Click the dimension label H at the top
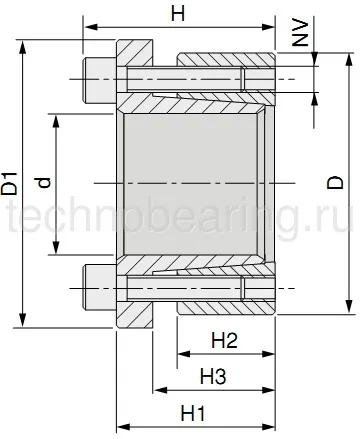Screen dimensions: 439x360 click(177, 14)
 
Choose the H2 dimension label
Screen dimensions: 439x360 click(225, 341)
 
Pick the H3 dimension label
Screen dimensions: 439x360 click(212, 376)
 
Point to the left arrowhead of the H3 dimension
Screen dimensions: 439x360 click(157, 390)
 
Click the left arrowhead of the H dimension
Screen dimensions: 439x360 click(87, 28)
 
